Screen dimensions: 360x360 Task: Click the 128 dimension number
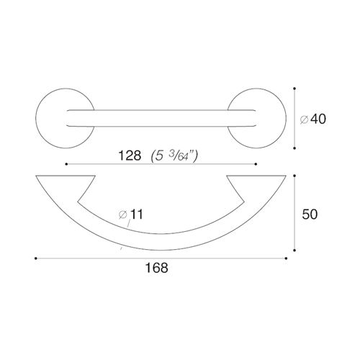pyautogui.click(x=130, y=156)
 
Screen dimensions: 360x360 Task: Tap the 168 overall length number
pyautogui.click(x=156, y=267)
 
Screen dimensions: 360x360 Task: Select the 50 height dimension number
pyautogui.click(x=310, y=214)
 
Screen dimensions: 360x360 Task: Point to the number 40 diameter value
pyautogui.click(x=318, y=119)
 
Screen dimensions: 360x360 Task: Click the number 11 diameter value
pyautogui.click(x=136, y=214)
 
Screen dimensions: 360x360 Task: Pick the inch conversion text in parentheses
pyautogui.click(x=174, y=156)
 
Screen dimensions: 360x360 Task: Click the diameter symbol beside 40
pyautogui.click(x=304, y=120)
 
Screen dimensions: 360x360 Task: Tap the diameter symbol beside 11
pyautogui.click(x=122, y=215)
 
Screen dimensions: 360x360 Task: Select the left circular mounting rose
pyautogui.click(x=36, y=118)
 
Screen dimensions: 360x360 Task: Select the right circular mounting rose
pyautogui.click(x=286, y=118)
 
